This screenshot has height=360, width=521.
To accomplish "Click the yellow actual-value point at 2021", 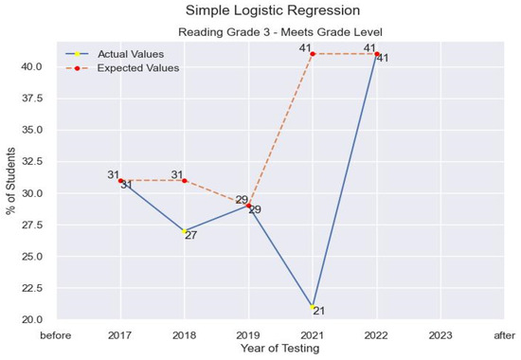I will (313, 307).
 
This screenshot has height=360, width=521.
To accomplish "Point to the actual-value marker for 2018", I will (185, 231).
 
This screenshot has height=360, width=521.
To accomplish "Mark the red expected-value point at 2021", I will (313, 54).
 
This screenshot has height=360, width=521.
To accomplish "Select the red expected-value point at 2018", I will (185, 180).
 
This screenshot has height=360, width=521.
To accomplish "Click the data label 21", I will (319, 312).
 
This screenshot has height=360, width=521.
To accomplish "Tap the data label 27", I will (190, 236).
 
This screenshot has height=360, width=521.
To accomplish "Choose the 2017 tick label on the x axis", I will (120, 334).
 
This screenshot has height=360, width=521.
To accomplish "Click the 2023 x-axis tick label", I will (440, 334).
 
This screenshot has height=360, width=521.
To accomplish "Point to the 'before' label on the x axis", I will (56, 334).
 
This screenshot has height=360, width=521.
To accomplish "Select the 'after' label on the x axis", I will (505, 334).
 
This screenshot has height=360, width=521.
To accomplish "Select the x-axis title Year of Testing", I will (280, 349).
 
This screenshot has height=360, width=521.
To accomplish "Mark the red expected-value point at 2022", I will (377, 54).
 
